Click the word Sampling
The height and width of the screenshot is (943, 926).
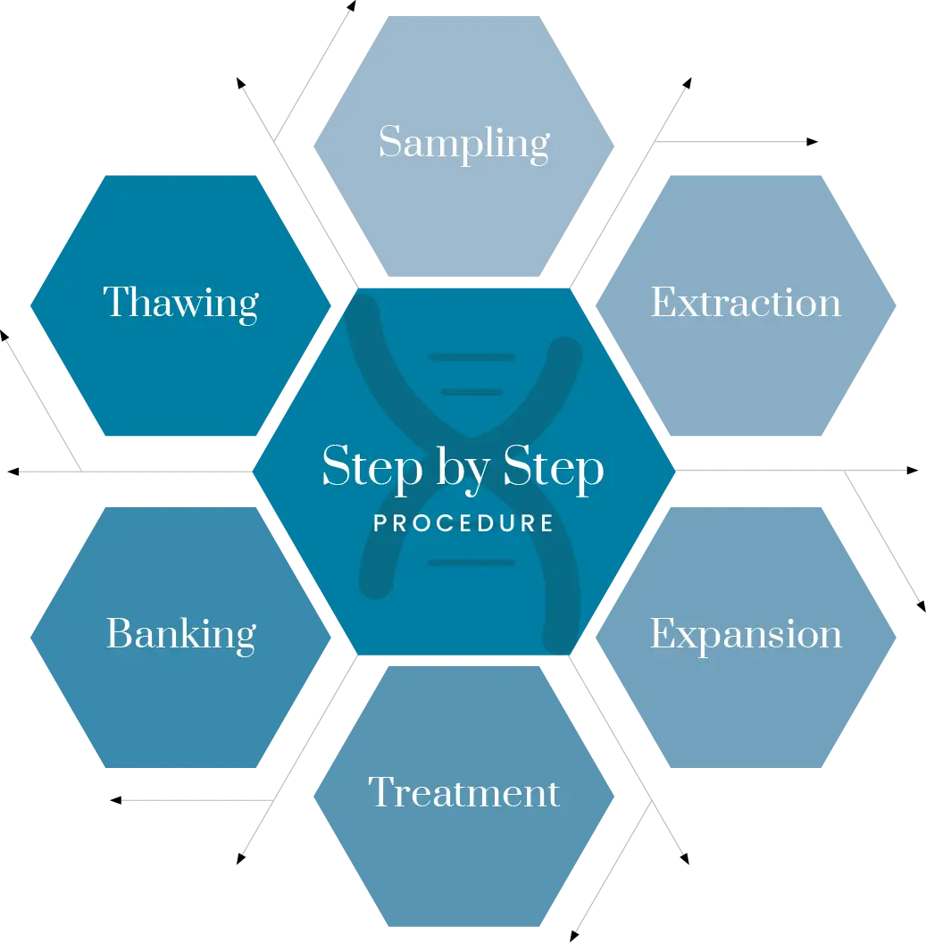tap(463, 144)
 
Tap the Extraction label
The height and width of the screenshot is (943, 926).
tap(746, 303)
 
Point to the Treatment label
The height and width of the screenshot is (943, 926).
tap(463, 792)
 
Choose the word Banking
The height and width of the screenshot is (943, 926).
tap(181, 634)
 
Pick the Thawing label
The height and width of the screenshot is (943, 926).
tap(181, 304)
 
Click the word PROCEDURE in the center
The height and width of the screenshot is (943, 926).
tap(463, 523)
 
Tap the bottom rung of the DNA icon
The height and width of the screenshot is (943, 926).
tap(471, 563)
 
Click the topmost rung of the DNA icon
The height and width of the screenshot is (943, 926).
tap(471, 357)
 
